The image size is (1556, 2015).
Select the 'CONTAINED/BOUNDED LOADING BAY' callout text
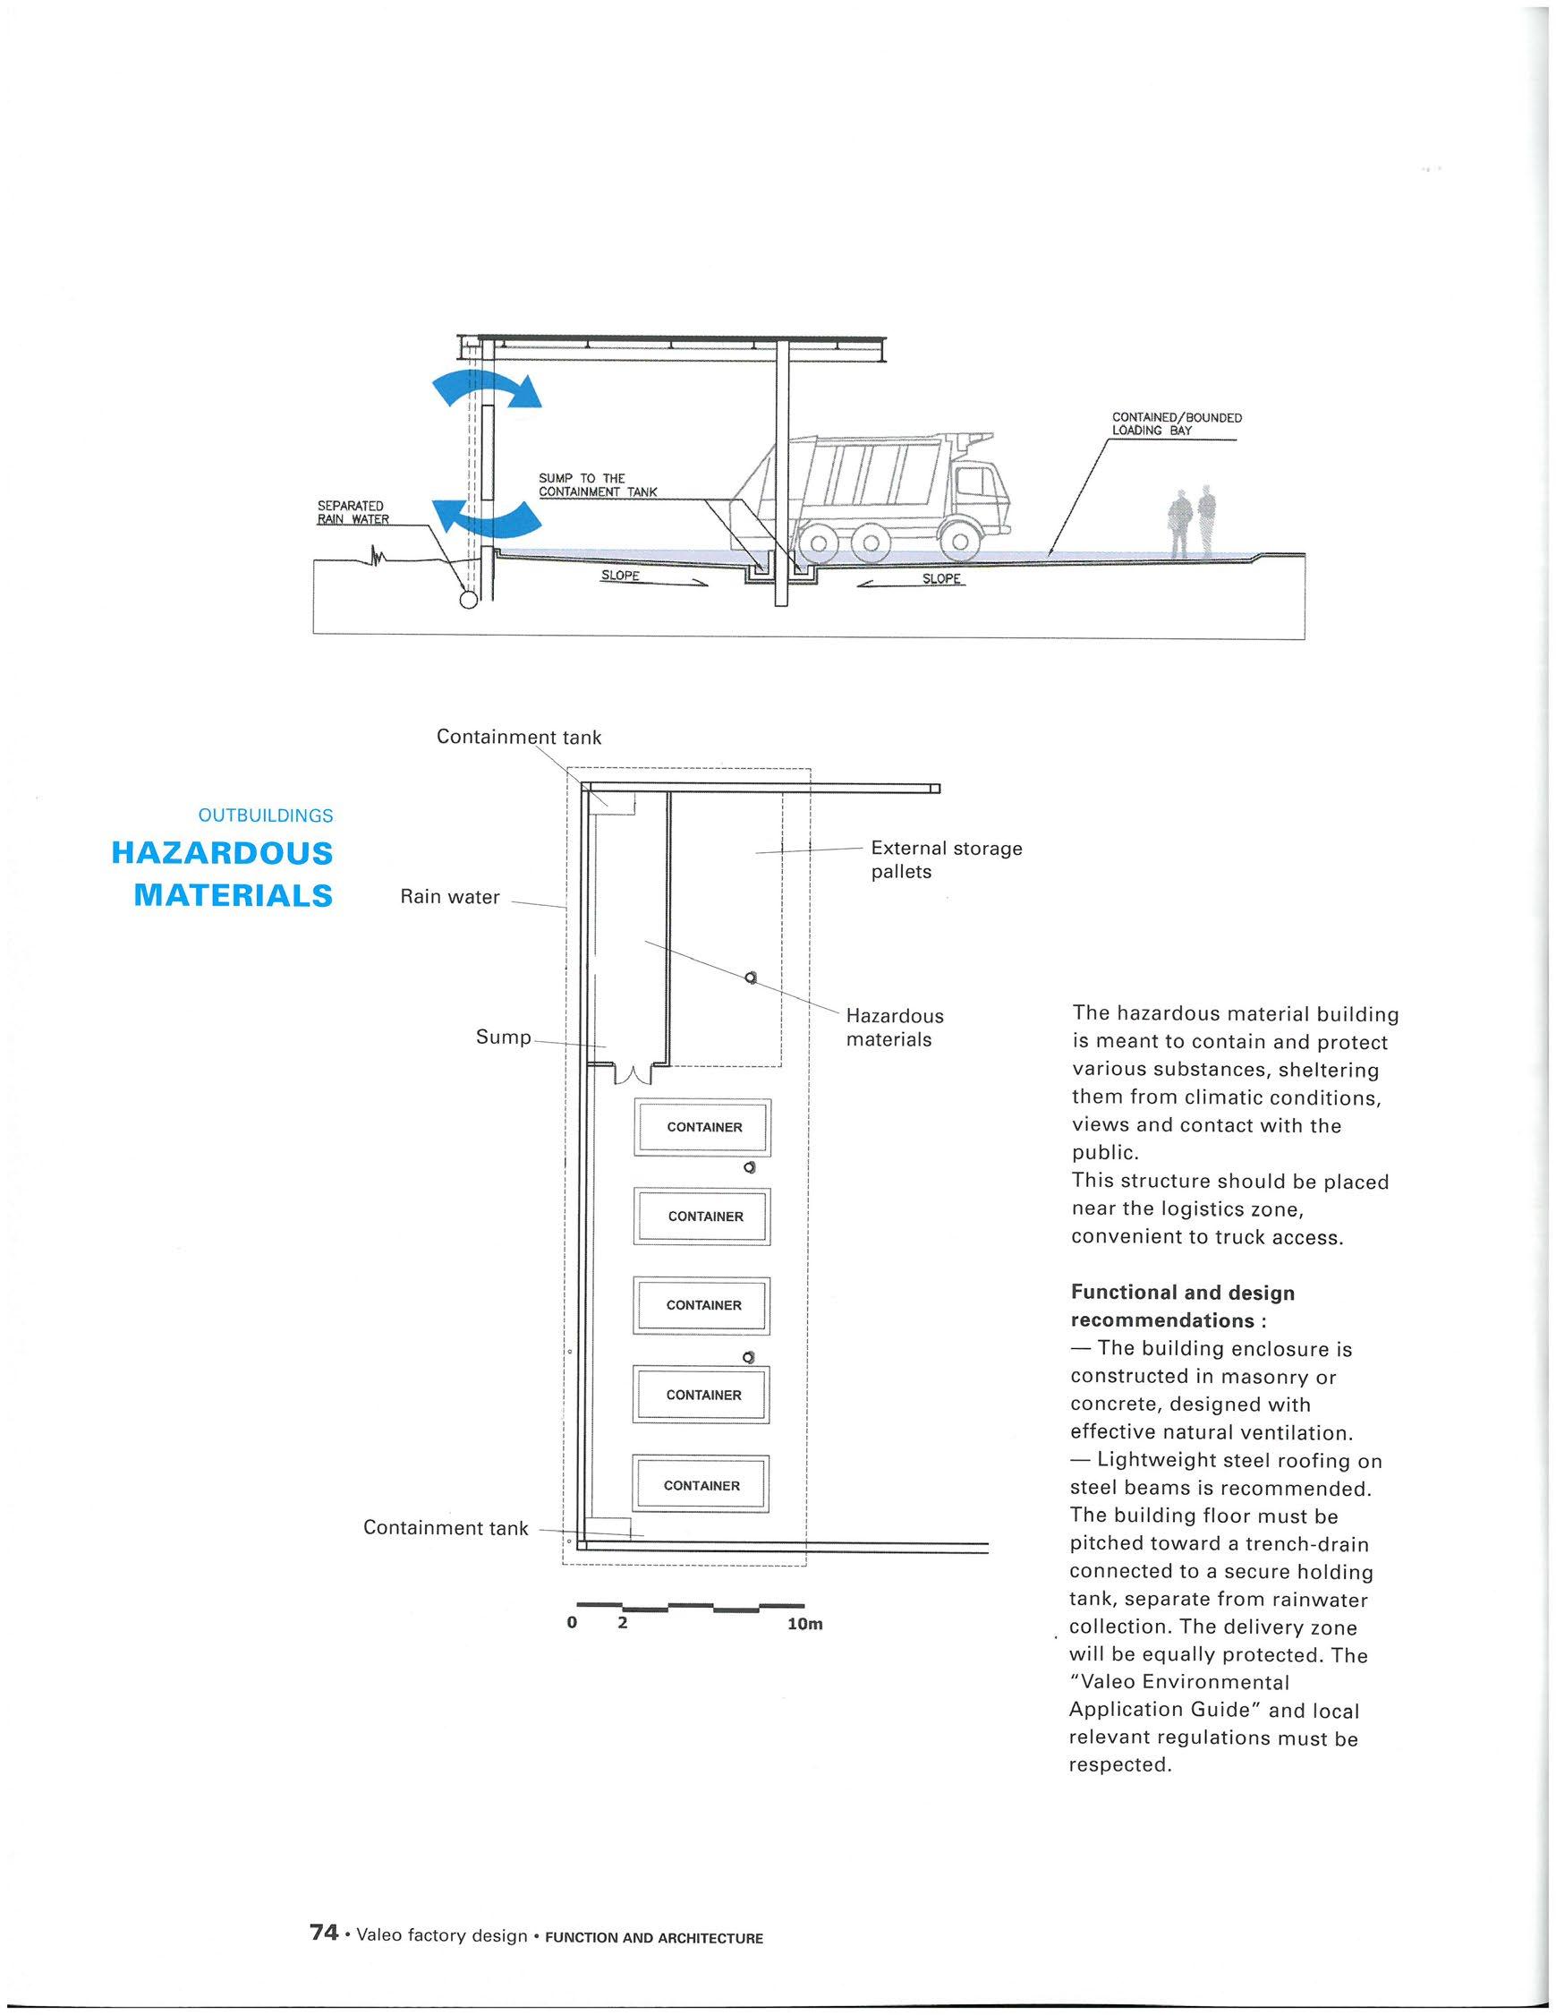pos(1176,423)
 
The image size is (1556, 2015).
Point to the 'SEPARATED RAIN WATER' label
pos(353,512)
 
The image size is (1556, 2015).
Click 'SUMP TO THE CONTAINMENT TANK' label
pos(597,485)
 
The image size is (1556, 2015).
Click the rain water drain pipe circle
pos(469,600)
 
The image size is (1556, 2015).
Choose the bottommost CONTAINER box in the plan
pos(701,1485)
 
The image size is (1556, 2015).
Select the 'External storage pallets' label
pos(946,859)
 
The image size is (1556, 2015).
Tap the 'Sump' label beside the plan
pos(503,1037)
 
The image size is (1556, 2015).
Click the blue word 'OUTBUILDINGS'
pos(266,815)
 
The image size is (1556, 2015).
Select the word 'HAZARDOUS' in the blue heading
pos(221,852)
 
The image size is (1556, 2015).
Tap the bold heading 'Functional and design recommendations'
pos(1183,1305)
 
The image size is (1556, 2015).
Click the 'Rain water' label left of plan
pos(449,897)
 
